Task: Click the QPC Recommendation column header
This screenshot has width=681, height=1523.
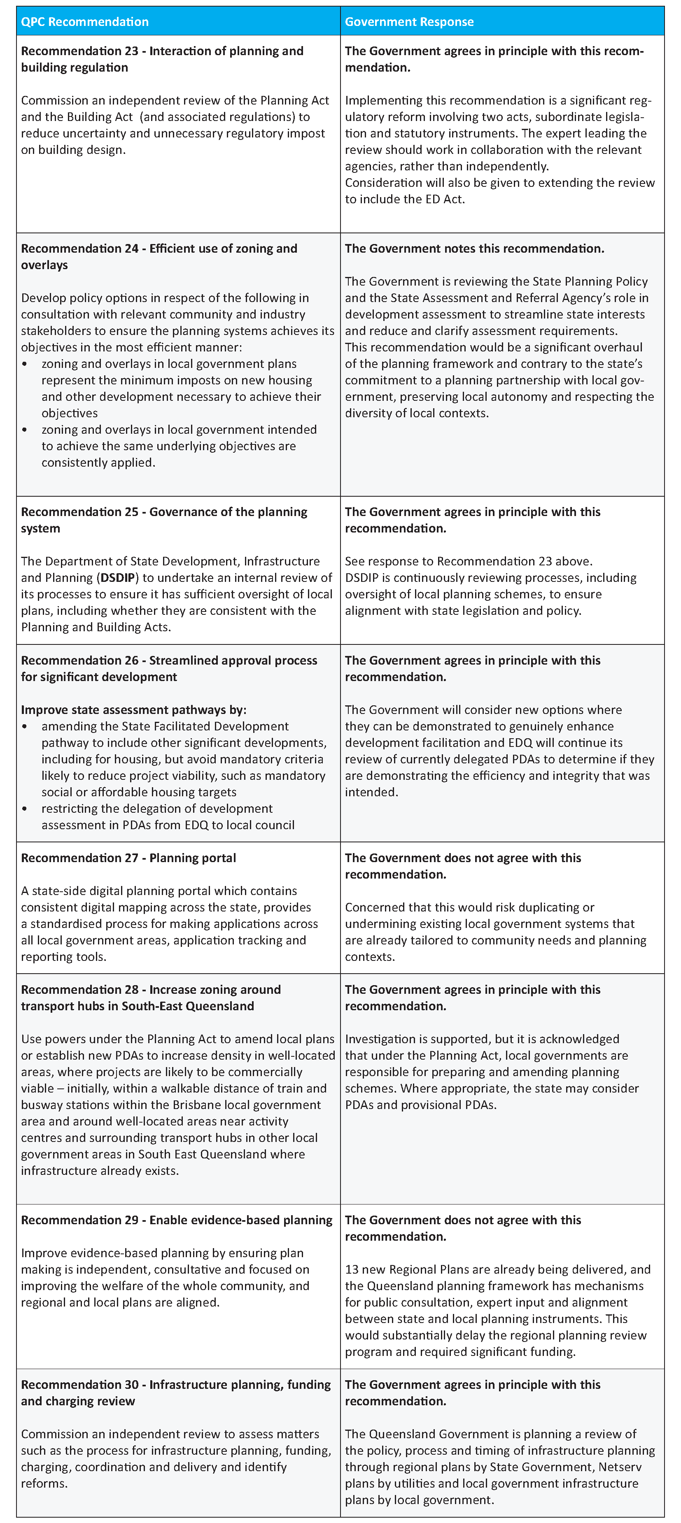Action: click(x=84, y=22)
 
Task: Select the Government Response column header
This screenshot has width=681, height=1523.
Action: click(x=409, y=22)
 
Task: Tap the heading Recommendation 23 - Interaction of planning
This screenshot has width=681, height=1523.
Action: click(x=162, y=51)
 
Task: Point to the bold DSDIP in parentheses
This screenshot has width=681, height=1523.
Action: click(x=118, y=578)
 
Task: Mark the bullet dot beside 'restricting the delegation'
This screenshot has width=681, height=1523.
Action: click(x=24, y=809)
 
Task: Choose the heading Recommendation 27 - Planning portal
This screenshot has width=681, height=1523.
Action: click(x=128, y=858)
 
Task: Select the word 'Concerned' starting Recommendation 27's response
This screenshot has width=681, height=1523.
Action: click(x=373, y=907)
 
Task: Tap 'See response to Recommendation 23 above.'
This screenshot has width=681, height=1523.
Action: click(x=469, y=561)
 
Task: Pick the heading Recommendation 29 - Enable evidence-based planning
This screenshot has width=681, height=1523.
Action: click(x=176, y=1220)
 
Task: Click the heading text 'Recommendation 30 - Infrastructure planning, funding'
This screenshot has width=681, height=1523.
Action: click(x=176, y=1385)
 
